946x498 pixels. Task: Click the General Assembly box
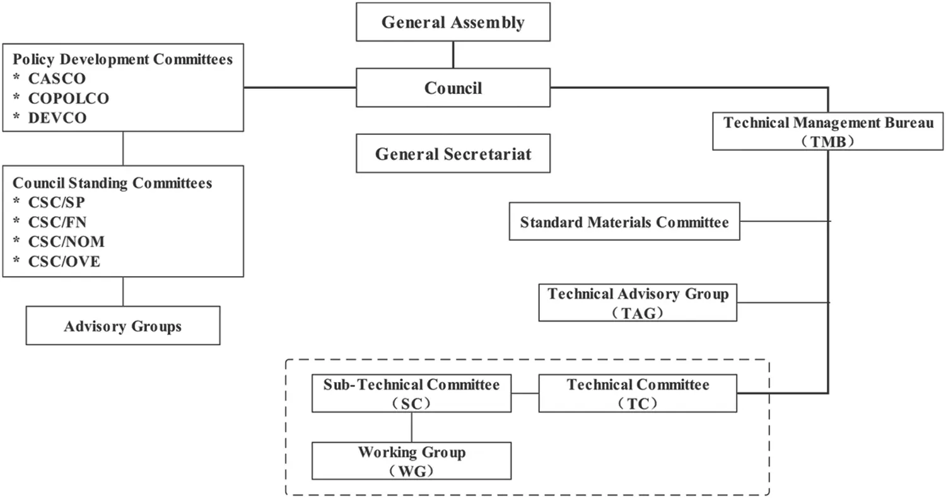[x=453, y=23]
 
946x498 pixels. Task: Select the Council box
[x=453, y=88]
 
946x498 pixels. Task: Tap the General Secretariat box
[x=453, y=153]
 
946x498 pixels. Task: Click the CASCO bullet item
[x=57, y=79]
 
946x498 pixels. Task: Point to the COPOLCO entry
[x=69, y=98]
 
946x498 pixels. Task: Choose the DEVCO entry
[x=57, y=118]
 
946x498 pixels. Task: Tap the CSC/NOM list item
[x=66, y=241]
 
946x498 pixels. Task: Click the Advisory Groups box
[x=123, y=326]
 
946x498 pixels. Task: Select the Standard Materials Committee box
[x=624, y=222]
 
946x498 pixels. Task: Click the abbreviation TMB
[x=828, y=142]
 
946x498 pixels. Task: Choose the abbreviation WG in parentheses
[x=411, y=470]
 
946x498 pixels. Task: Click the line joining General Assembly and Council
[x=453, y=55]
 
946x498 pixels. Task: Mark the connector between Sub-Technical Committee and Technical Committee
[x=525, y=394]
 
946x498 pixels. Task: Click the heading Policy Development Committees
[x=123, y=60]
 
